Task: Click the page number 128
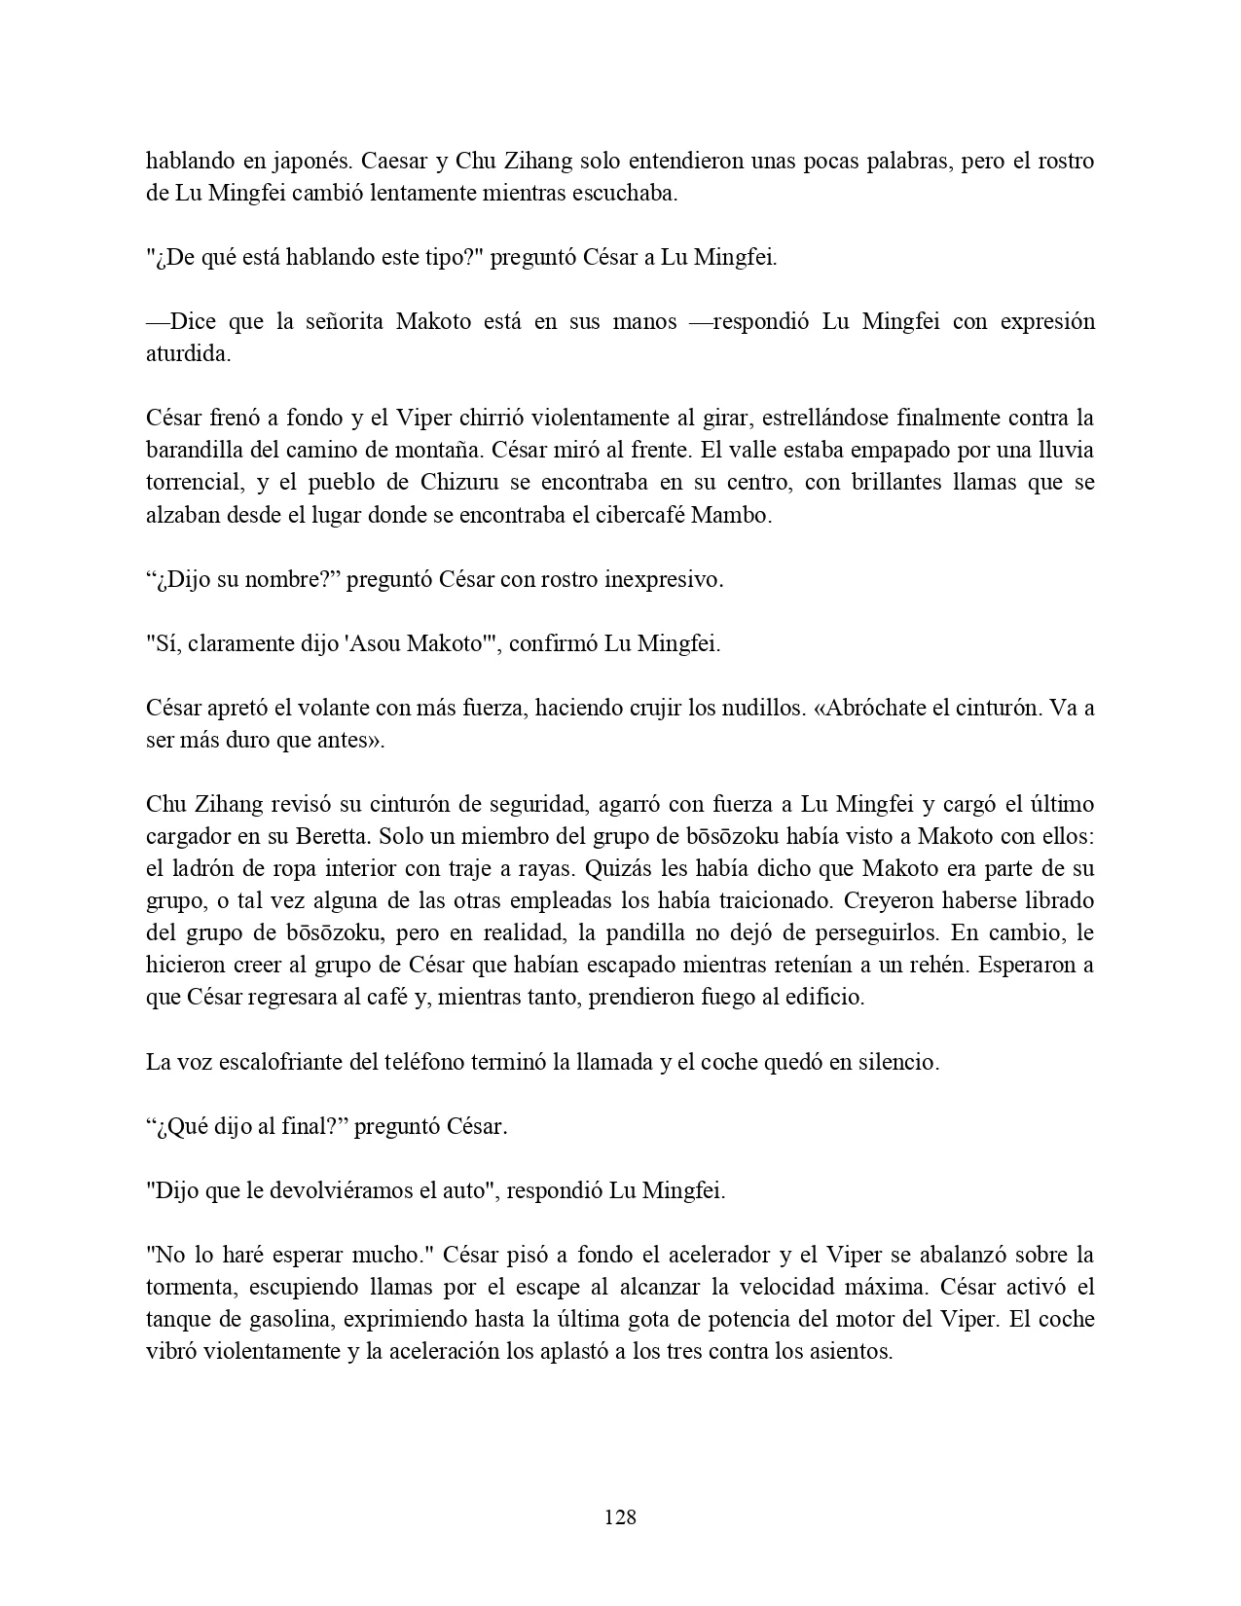tap(620, 1516)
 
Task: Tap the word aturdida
tap(188, 353)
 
